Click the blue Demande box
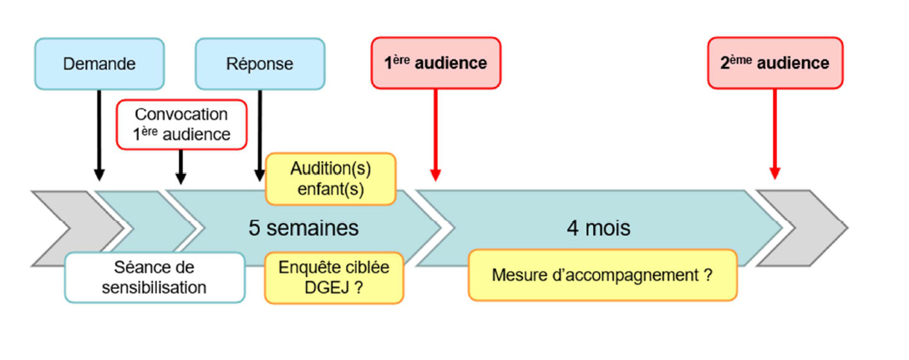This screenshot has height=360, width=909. (x=99, y=63)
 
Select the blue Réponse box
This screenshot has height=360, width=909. (x=260, y=63)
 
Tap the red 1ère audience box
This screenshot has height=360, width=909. (x=436, y=63)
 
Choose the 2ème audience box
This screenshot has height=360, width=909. (x=774, y=63)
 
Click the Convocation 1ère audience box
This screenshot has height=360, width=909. (x=181, y=124)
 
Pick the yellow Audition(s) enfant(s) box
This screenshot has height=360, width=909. (x=331, y=179)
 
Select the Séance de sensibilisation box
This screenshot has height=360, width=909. (x=155, y=277)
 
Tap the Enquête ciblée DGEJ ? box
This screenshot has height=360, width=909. (x=333, y=277)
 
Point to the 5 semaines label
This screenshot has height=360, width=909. (x=303, y=227)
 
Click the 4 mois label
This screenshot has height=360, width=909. (x=597, y=227)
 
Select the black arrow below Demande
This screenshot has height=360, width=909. (x=99, y=134)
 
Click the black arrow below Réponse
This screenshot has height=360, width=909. (x=260, y=134)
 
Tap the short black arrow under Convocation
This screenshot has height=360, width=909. (x=181, y=166)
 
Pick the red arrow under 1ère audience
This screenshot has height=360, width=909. (x=435, y=134)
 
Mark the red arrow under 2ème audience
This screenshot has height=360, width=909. (x=774, y=134)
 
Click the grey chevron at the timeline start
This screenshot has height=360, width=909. (x=71, y=227)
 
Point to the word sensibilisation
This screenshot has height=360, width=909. (x=155, y=286)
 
